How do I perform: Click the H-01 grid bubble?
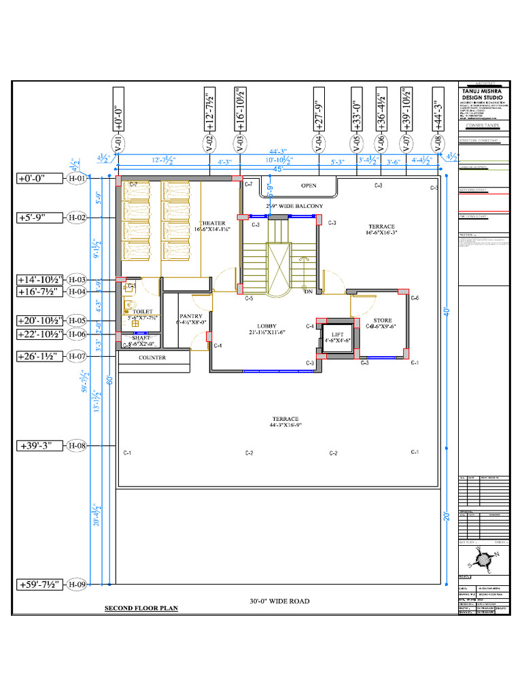click(x=77, y=179)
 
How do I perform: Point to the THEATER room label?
click(x=212, y=223)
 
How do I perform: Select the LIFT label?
click(x=338, y=334)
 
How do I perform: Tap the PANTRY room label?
click(x=191, y=316)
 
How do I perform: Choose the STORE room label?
click(x=382, y=320)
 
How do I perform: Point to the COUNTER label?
click(x=152, y=358)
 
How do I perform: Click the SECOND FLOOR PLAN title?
click(x=141, y=608)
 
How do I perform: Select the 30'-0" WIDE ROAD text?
click(x=279, y=601)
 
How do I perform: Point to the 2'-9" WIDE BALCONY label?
click(x=294, y=205)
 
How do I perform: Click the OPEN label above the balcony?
click(x=309, y=185)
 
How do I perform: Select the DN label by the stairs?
click(x=307, y=292)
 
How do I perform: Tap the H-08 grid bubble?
click(x=77, y=446)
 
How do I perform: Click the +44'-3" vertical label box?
click(x=437, y=108)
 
